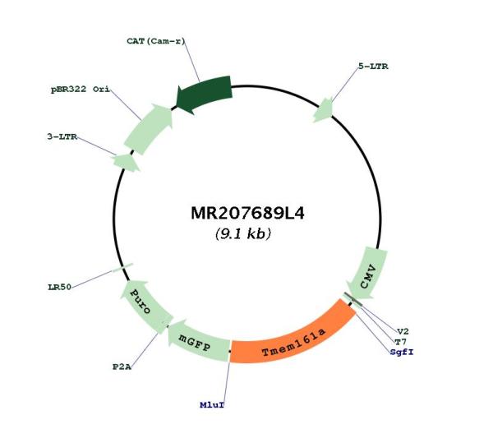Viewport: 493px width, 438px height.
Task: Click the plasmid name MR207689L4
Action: pyautogui.click(x=247, y=213)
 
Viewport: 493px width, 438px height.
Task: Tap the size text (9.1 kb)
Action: pyautogui.click(x=243, y=233)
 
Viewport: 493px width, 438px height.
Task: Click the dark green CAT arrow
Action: pyautogui.click(x=205, y=95)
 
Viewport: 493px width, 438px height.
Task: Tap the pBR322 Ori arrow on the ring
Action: pyautogui.click(x=149, y=128)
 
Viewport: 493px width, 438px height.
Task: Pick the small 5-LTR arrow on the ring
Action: pyautogui.click(x=324, y=110)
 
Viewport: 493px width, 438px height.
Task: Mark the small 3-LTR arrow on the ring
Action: pyautogui.click(x=127, y=162)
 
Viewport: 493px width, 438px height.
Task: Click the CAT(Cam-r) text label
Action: pyautogui.click(x=156, y=41)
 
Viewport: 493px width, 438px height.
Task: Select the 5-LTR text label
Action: pyautogui.click(x=373, y=67)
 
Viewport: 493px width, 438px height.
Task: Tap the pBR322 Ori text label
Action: pyautogui.click(x=81, y=90)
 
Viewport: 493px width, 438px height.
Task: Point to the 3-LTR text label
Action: pyautogui.click(x=62, y=136)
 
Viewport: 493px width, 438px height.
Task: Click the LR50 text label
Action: pyautogui.click(x=59, y=287)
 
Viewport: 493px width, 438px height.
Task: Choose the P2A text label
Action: pyautogui.click(x=122, y=367)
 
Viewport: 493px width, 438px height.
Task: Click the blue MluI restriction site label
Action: pyautogui.click(x=212, y=405)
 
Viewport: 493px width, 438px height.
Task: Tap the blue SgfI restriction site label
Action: pyautogui.click(x=402, y=353)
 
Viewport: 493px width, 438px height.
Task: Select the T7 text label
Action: pyautogui.click(x=401, y=342)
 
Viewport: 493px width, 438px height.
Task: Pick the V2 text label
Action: pyautogui.click(x=403, y=331)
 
